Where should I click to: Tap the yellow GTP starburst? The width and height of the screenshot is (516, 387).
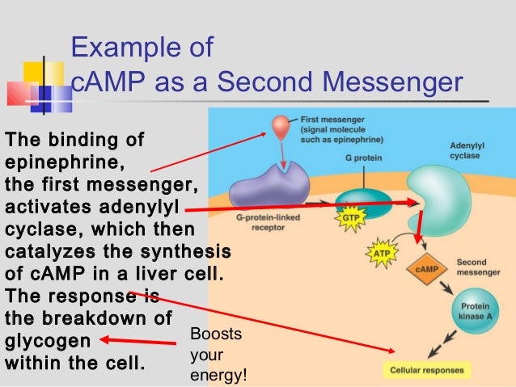tap(350, 219)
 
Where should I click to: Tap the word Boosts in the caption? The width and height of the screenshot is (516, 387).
tap(208, 334)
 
